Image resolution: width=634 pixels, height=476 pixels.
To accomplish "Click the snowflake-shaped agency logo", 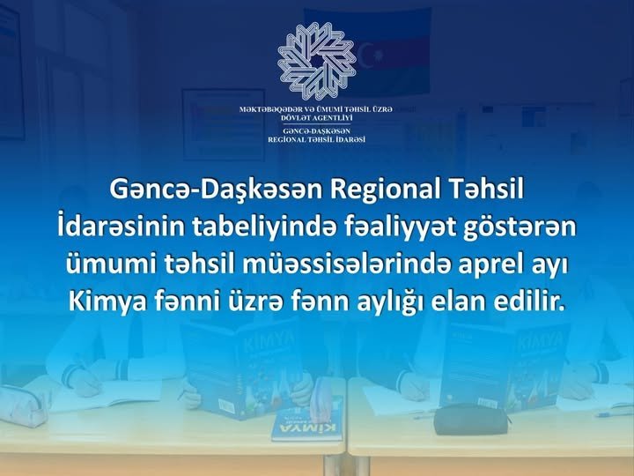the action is pyautogui.click(x=317, y=61).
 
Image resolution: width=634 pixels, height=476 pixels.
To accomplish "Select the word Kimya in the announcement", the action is pyautogui.click(x=107, y=301).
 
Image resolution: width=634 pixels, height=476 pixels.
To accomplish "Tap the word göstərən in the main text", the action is pyautogui.click(x=520, y=228).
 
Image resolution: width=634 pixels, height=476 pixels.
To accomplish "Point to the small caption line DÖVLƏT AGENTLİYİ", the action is pyautogui.click(x=317, y=118).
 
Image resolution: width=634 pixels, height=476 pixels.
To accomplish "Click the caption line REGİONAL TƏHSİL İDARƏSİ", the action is pyautogui.click(x=317, y=139).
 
